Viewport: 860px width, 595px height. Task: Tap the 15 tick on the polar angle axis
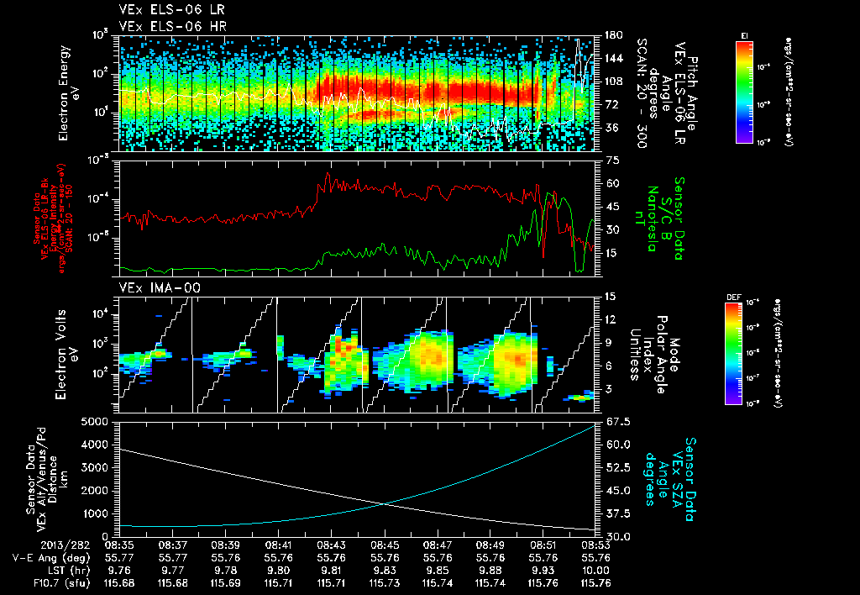pyautogui.click(x=610, y=296)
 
